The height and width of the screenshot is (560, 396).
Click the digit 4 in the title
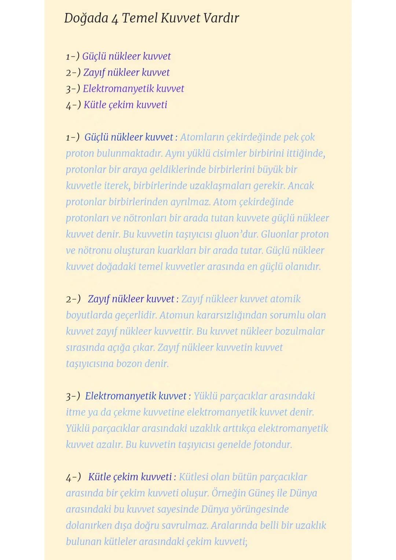click(115, 19)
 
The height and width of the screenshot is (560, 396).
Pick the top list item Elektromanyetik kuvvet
click(133, 89)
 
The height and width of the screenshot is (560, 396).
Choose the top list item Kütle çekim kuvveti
click(125, 105)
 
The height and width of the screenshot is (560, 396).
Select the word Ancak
click(301, 186)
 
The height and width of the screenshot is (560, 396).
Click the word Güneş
click(261, 493)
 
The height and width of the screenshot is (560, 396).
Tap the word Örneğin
click(228, 493)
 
